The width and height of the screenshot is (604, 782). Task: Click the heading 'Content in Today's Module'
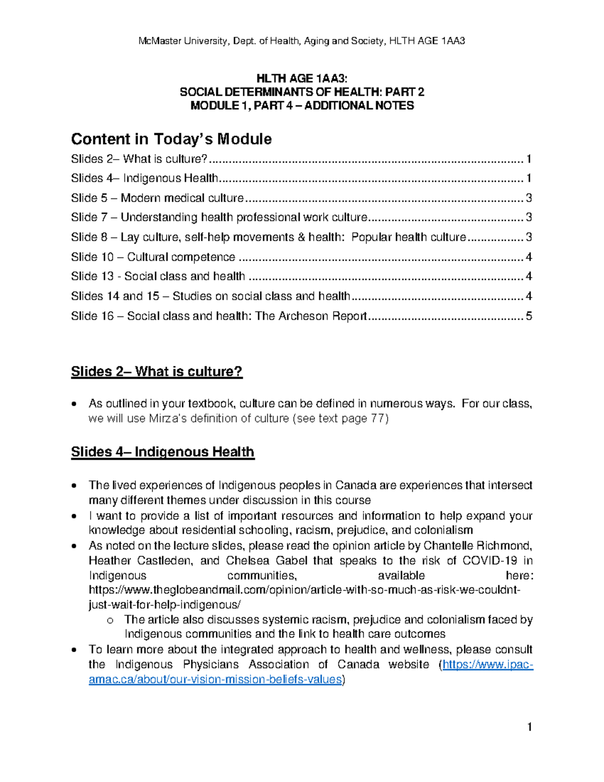click(x=171, y=139)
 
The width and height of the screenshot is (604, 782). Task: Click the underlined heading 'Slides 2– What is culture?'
click(x=157, y=372)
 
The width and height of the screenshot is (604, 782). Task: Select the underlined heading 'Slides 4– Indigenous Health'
click(x=163, y=452)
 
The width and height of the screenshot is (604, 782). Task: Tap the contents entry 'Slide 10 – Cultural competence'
click(x=153, y=257)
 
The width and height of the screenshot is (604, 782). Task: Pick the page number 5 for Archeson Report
click(x=528, y=316)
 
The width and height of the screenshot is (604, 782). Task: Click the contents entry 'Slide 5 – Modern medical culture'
click(x=157, y=198)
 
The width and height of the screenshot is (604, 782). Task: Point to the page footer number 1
click(x=529, y=727)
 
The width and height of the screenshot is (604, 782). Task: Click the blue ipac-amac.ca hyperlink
click(x=215, y=679)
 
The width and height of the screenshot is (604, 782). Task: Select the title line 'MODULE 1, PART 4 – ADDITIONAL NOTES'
click(x=302, y=106)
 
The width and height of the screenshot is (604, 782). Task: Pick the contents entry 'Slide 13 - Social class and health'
click(x=158, y=276)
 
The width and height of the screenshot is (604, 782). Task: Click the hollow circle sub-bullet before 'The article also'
click(x=110, y=620)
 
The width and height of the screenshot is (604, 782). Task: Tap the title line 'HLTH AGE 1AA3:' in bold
click(x=302, y=79)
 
